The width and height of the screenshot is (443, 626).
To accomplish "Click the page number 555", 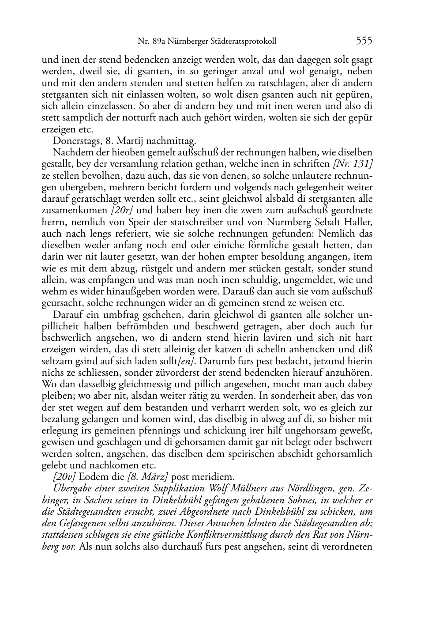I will coord(364,41).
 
